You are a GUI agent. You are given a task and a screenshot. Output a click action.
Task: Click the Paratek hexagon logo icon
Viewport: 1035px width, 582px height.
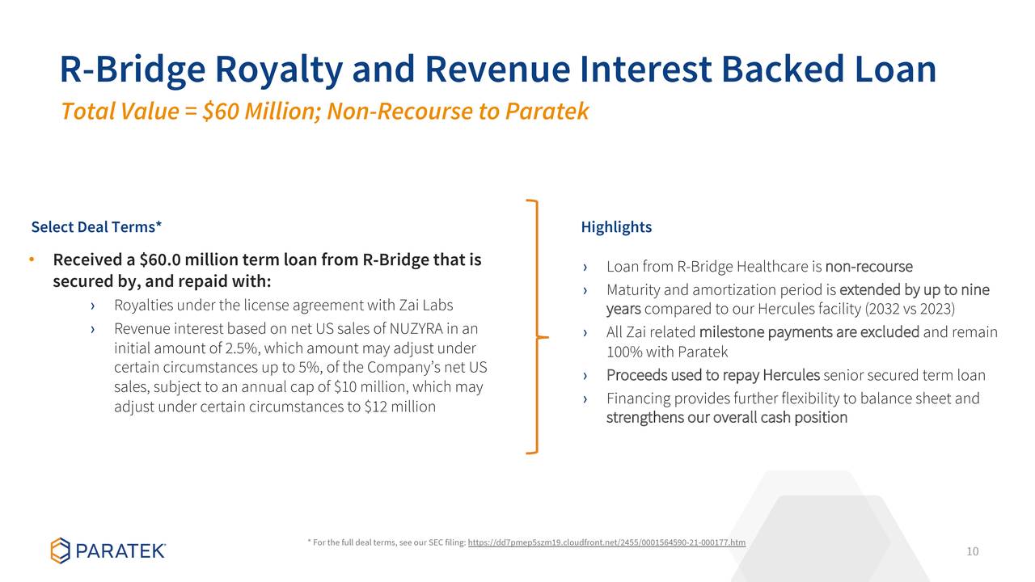point(60,550)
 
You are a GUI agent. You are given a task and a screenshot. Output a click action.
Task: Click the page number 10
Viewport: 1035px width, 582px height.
point(972,551)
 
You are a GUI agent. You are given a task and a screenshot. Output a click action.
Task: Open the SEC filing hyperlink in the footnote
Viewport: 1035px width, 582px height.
point(606,542)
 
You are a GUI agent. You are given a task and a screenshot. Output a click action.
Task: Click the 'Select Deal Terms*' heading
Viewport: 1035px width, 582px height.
point(96,227)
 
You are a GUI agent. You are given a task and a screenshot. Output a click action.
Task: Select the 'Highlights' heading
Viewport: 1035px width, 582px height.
point(616,227)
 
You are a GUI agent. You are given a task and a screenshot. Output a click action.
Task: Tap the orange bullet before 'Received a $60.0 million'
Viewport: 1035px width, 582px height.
point(32,259)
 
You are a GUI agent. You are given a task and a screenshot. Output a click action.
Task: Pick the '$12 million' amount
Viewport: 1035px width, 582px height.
point(399,407)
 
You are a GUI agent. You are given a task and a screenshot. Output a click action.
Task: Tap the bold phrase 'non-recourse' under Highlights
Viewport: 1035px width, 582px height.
point(868,267)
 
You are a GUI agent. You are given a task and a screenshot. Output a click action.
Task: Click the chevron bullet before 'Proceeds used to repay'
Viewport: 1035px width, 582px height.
point(585,376)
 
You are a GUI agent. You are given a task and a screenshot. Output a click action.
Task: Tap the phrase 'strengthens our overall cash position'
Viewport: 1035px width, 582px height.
point(727,418)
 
